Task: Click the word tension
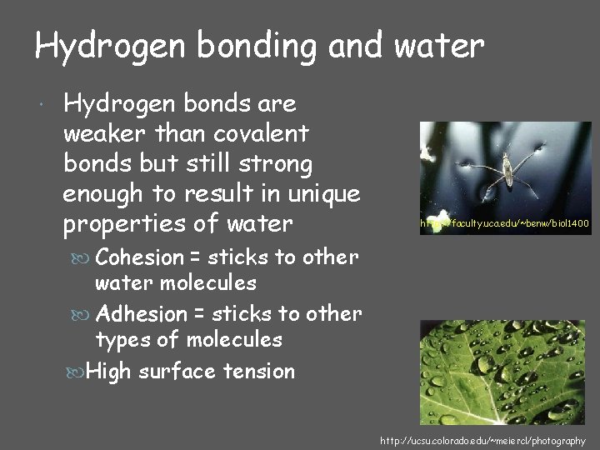pyautogui.click(x=258, y=371)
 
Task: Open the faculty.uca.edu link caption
pyautogui.click(x=506, y=224)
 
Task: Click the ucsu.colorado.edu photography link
pyautogui.click(x=482, y=440)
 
